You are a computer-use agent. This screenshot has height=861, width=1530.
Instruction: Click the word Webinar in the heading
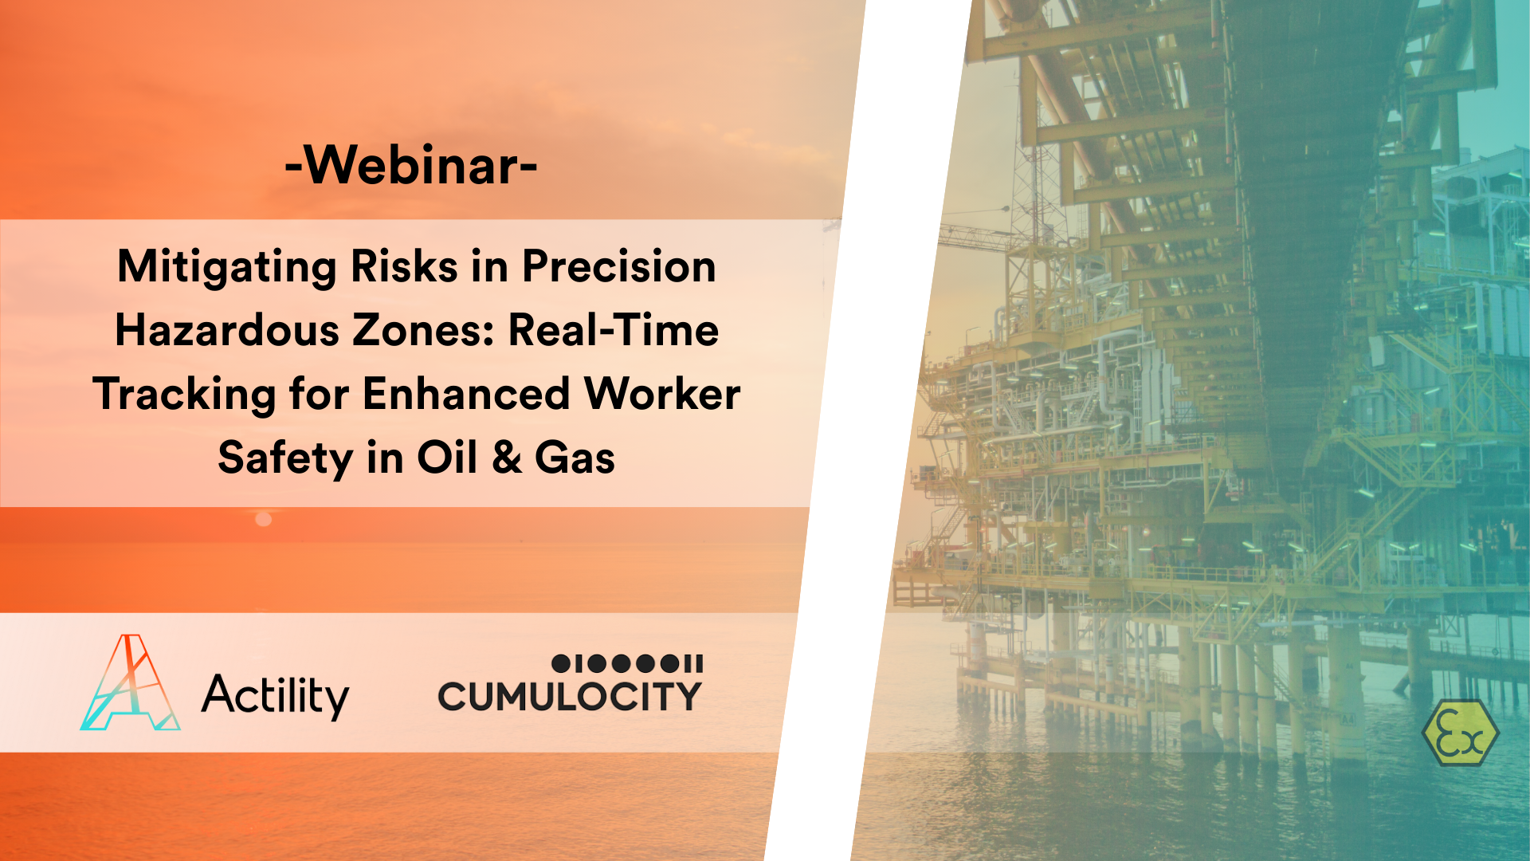411,166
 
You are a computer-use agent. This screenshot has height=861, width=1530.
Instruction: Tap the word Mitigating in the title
227,267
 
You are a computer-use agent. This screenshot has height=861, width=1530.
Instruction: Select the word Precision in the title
618,266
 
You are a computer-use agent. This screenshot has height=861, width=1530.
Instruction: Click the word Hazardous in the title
227,330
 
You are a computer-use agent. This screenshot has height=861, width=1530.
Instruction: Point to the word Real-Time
614,330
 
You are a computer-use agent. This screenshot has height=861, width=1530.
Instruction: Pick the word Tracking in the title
184,395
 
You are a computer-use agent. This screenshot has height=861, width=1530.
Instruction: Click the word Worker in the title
662,394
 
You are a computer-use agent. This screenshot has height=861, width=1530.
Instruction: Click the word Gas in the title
575,458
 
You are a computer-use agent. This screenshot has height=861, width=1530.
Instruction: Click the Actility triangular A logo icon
131,683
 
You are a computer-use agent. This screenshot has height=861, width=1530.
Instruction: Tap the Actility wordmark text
275,696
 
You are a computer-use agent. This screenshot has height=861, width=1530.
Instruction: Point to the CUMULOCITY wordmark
570,697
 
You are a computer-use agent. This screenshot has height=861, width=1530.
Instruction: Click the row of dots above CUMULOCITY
627,663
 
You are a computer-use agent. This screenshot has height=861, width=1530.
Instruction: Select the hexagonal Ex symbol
1460,733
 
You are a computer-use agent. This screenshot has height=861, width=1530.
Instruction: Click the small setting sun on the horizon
264,520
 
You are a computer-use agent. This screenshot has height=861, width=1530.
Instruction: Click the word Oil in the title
447,458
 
